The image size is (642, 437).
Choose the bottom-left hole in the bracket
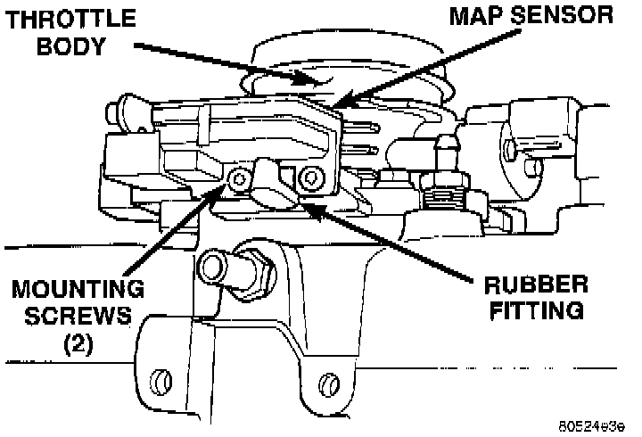160,381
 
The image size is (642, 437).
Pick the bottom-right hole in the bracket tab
328,383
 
